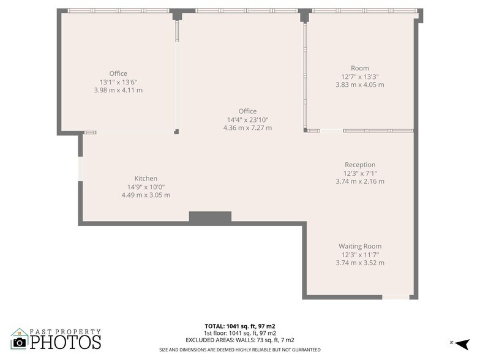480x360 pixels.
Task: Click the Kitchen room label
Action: (x=146, y=178)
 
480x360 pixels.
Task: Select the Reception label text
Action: (x=360, y=165)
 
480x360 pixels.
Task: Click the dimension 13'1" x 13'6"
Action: (x=118, y=82)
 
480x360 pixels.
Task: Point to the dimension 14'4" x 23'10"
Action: (x=247, y=119)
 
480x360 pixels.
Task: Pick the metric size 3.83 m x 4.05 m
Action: (x=359, y=85)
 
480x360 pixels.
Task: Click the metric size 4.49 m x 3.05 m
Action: (x=146, y=195)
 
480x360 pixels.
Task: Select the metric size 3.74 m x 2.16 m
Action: (x=360, y=181)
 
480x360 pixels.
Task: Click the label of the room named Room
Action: (x=359, y=68)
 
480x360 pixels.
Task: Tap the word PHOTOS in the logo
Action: (x=66, y=342)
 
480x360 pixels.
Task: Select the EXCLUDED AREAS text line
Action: (x=240, y=340)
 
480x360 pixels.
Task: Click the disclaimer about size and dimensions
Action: (x=240, y=350)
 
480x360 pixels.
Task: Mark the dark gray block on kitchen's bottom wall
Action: (x=210, y=217)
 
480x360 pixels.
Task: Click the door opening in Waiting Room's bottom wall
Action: (x=396, y=297)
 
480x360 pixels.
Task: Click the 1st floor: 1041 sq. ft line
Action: (x=240, y=333)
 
